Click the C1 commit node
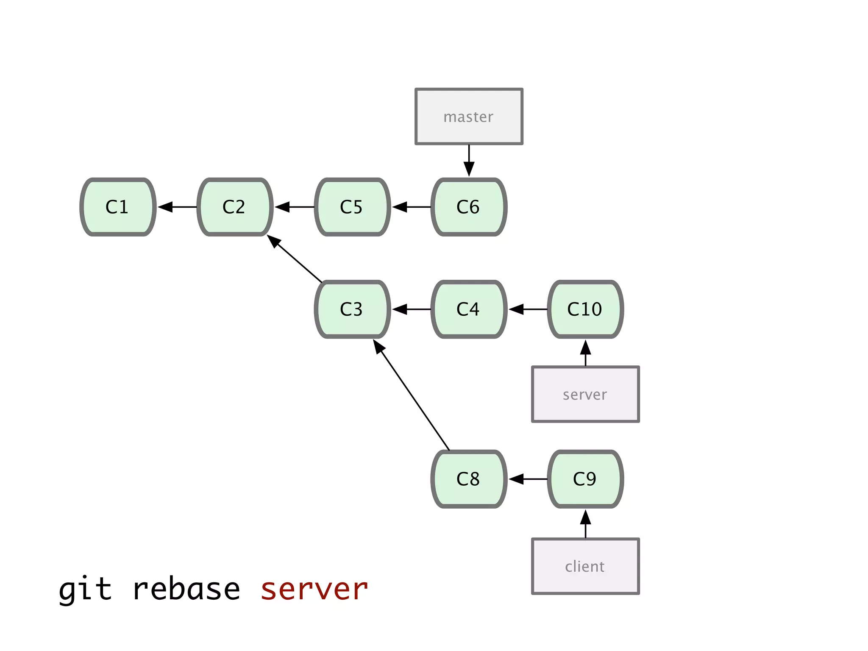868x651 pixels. point(118,207)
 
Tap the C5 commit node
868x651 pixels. point(352,207)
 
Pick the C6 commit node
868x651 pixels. point(469,207)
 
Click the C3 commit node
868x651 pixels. point(352,309)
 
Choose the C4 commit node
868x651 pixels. point(469,309)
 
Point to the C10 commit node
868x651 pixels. point(585,309)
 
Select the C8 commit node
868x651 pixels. point(469,479)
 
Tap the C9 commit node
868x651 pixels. point(585,479)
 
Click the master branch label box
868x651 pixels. point(469,117)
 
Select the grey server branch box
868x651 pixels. point(585,394)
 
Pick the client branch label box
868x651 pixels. point(585,566)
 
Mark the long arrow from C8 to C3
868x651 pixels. point(411,395)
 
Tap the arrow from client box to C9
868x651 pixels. point(585,524)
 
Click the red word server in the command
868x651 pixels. point(314,590)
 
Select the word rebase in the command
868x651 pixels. point(186,590)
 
